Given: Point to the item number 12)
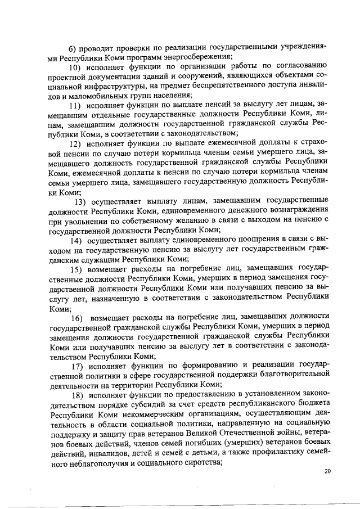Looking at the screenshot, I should (75, 143).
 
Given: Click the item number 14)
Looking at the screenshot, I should (76, 240).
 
